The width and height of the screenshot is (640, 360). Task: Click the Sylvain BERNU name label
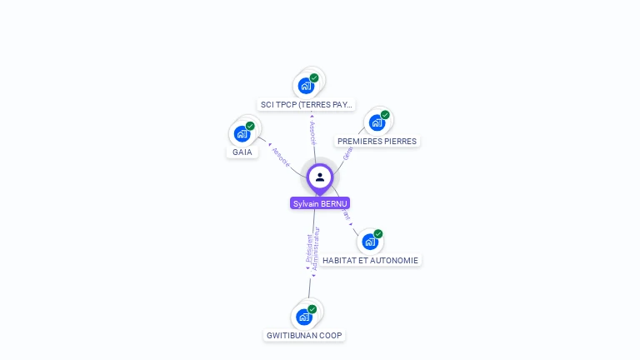320,203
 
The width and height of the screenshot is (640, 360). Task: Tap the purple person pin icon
320,177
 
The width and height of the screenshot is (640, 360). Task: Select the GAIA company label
242,152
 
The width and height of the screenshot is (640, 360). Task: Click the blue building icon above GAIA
242,133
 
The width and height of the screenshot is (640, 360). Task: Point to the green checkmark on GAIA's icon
250,126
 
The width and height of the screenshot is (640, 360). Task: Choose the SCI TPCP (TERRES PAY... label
307,105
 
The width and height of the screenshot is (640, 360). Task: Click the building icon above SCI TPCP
307,85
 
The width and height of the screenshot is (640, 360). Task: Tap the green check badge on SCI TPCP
314,77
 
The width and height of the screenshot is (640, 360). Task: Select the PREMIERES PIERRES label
377,142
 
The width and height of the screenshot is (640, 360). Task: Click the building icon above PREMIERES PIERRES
377,122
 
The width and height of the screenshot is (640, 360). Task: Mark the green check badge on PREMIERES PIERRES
385,115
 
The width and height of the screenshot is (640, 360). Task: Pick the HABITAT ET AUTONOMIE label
370,260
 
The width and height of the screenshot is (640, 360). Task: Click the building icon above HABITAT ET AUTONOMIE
370,242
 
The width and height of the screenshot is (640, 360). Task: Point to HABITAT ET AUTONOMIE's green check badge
378,234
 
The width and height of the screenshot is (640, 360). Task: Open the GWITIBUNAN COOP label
304,335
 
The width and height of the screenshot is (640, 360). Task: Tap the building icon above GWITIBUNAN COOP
304,317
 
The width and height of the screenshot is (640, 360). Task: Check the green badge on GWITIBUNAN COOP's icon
312,309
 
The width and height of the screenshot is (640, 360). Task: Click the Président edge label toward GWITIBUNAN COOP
309,248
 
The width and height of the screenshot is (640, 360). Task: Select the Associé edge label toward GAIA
281,157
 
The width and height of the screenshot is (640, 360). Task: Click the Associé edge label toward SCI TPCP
312,132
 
